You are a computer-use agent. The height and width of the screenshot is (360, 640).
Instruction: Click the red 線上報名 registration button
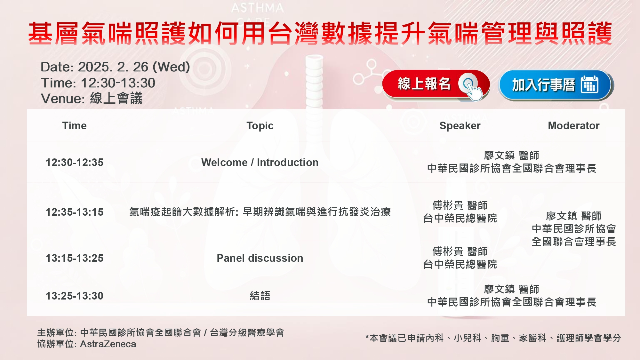(x=436, y=84)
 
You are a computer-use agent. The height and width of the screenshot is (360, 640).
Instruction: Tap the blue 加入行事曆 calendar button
(x=556, y=85)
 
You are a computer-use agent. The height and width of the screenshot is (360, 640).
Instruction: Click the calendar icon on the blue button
(x=589, y=84)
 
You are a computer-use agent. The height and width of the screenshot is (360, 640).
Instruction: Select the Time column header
(x=74, y=126)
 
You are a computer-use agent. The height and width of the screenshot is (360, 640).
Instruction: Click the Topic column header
(x=260, y=126)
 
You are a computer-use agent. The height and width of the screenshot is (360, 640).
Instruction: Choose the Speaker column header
(x=460, y=126)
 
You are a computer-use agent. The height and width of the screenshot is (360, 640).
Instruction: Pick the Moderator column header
(x=574, y=126)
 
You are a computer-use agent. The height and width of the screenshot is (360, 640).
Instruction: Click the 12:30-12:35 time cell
(x=75, y=163)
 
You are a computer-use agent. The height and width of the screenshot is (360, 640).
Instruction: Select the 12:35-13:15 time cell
(x=75, y=212)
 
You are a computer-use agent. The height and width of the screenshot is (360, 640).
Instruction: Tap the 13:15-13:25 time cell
(x=75, y=258)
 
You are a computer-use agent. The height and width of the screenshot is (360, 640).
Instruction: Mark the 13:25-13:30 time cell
(x=75, y=296)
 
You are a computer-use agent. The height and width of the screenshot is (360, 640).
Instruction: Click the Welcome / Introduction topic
(x=260, y=163)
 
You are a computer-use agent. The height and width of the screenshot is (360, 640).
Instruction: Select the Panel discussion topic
(x=260, y=258)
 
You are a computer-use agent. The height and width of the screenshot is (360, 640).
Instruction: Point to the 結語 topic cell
(x=260, y=296)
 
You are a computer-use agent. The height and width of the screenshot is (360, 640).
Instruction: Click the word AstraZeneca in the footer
(x=108, y=344)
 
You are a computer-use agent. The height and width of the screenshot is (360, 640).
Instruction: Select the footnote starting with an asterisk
(x=493, y=338)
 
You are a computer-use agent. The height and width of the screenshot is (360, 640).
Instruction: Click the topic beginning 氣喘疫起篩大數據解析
(x=260, y=212)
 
